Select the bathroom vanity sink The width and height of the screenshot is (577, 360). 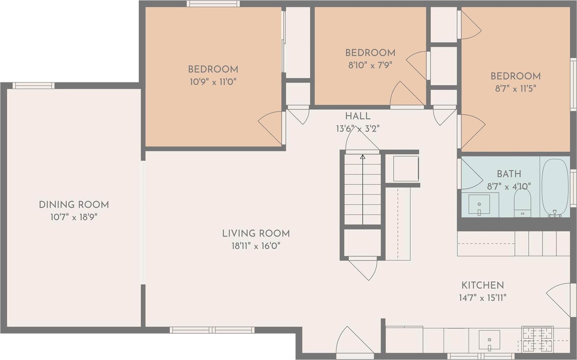pyautogui.click(x=479, y=204)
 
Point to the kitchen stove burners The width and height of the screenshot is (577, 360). pyautogui.click(x=538, y=340)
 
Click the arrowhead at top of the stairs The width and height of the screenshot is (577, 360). pyautogui.click(x=363, y=157)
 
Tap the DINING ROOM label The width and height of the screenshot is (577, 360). pyautogui.click(x=74, y=205)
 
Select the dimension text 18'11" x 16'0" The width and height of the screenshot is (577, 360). pyautogui.click(x=256, y=246)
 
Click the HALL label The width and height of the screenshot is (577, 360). pyautogui.click(x=358, y=116)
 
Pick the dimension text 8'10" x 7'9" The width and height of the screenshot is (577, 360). pyautogui.click(x=370, y=65)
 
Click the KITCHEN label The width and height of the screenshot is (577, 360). pyautogui.click(x=482, y=285)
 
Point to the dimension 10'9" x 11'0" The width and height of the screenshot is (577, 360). pyautogui.click(x=213, y=82)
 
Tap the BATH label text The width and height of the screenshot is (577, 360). pyautogui.click(x=509, y=174)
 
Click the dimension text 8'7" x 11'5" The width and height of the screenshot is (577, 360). pyautogui.click(x=515, y=89)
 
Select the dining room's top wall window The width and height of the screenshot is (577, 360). pyautogui.click(x=33, y=86)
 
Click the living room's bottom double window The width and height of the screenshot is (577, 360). pyautogui.click(x=212, y=330)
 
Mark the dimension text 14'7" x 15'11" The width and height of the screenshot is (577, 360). pyautogui.click(x=482, y=298)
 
